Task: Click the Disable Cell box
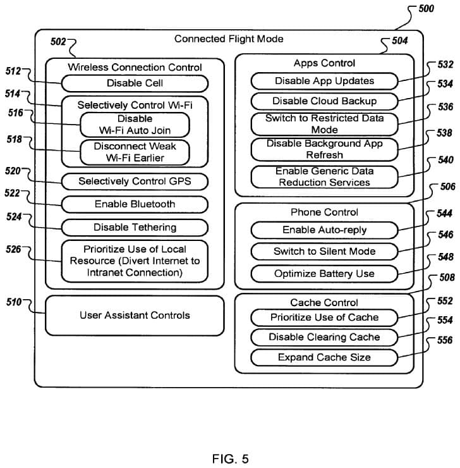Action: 135,83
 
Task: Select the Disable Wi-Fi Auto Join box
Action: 135,125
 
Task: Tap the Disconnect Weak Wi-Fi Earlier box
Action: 135,152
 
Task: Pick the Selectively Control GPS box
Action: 135,182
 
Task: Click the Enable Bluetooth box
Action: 135,204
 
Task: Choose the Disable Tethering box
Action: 135,227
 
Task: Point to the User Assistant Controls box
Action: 135,315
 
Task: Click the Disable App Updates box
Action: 324,81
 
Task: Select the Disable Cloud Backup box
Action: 324,101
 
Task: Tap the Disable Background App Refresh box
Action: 324,149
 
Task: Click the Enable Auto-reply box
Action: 324,230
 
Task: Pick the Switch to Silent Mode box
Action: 324,251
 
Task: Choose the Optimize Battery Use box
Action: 324,274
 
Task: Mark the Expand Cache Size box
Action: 324,357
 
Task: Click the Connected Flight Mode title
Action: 229,39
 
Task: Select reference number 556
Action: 444,341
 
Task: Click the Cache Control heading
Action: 324,303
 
